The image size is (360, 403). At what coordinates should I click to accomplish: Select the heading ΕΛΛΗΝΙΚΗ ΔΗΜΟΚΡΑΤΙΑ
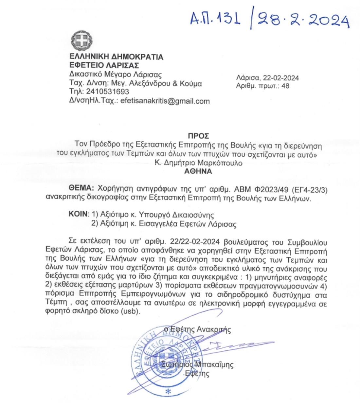coord(116,57)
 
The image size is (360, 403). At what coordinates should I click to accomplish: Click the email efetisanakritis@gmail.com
coord(165,101)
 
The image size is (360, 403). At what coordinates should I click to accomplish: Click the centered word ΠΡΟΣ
coord(198,136)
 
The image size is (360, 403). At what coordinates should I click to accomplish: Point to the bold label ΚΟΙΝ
coord(78,215)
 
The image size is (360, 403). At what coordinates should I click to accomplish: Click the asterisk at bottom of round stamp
coord(168,392)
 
